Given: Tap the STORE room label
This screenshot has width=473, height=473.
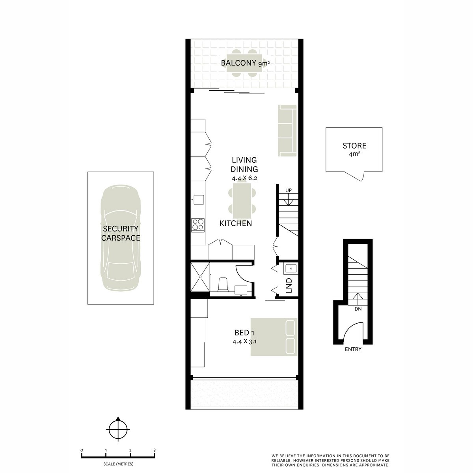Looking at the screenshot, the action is [354, 146].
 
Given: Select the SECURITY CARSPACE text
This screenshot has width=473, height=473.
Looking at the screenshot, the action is [121, 233].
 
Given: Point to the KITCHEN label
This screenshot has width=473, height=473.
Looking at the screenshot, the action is [236, 223].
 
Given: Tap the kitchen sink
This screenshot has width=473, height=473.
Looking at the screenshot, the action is [199, 199].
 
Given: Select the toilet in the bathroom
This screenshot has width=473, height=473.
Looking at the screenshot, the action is [223, 285].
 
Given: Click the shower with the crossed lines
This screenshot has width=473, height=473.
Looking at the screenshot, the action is [200, 277].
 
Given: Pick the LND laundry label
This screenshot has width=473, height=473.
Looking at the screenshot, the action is [289, 285].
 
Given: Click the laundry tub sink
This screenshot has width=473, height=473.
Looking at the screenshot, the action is [290, 269].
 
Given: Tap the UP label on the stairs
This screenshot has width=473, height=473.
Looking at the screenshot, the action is [289, 190].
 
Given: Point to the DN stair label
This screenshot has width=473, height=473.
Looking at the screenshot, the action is [358, 309].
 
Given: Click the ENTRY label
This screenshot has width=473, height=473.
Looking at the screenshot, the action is [353, 349].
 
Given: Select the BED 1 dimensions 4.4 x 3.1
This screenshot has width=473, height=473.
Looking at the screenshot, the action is [244, 341].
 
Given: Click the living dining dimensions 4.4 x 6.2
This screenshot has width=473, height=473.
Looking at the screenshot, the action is [244, 178].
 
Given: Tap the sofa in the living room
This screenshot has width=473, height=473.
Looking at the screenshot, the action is [287, 130].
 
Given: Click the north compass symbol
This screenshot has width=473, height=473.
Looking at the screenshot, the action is [118, 430].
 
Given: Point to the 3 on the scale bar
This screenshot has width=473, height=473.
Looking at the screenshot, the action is [155, 451].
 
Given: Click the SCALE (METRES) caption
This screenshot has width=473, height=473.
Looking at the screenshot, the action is [118, 464].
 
